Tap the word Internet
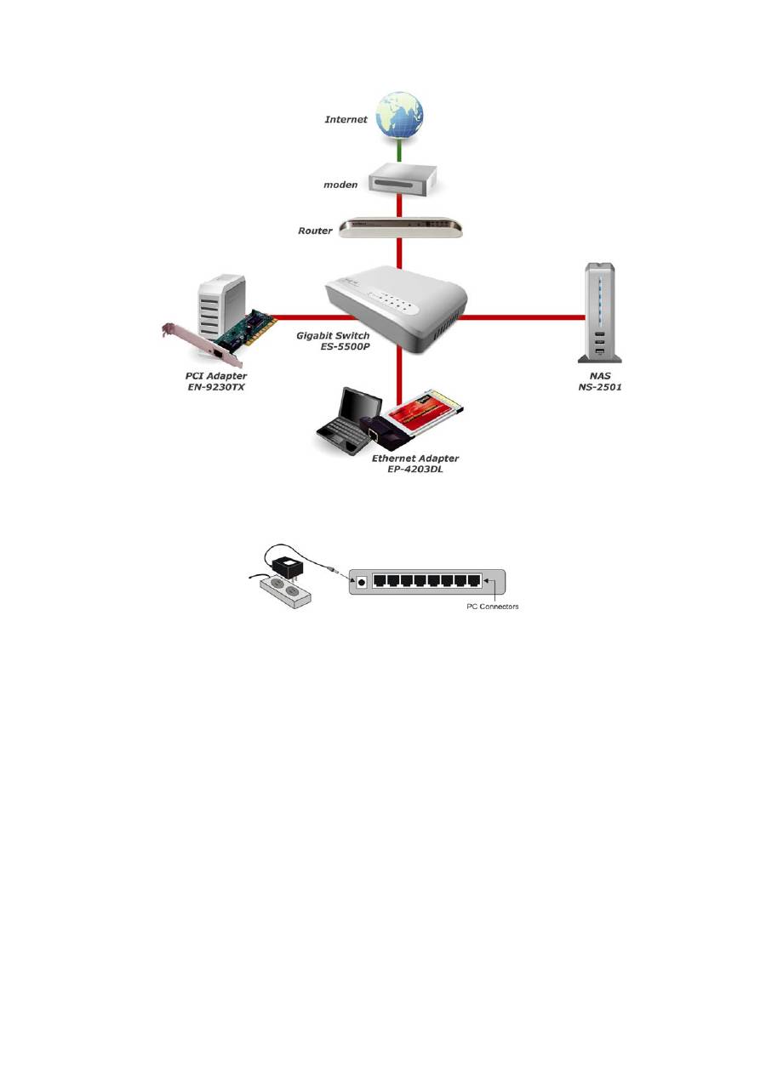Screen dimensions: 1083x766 coord(346,120)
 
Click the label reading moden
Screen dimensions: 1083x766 coord(340,185)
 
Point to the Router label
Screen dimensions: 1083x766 coord(315,231)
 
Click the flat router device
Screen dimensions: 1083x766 coord(401,226)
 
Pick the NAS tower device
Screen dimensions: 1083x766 coord(602,311)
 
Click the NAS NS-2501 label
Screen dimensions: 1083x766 coord(603,379)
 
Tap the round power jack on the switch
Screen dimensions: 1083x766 coord(361,582)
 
